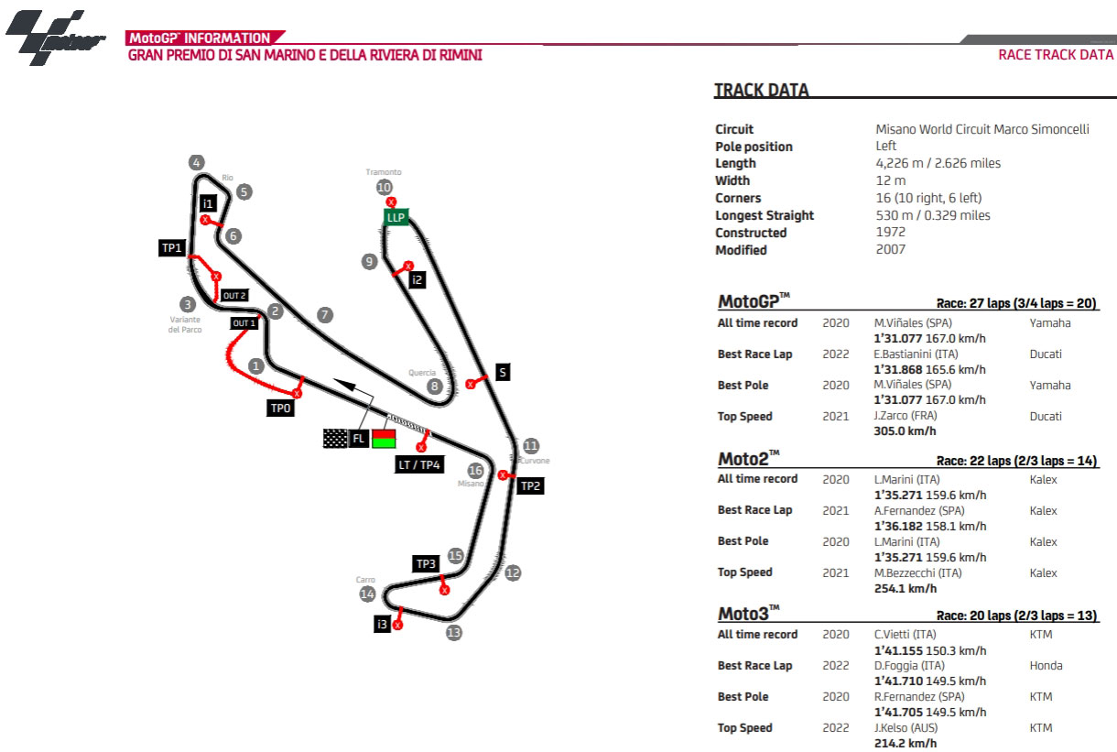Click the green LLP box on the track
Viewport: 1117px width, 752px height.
pos(396,217)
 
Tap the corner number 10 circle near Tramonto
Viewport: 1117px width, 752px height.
pos(384,188)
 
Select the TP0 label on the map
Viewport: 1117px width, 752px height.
pos(281,409)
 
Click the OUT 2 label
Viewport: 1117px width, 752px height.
pos(234,296)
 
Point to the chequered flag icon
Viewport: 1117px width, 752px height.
pos(335,439)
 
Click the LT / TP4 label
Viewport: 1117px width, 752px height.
pos(420,465)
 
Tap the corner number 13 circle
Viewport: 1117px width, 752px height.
pos(453,632)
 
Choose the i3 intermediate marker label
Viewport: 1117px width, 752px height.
pos(383,625)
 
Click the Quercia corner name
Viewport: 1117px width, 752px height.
pos(422,373)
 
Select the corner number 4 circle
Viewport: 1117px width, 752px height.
pos(196,163)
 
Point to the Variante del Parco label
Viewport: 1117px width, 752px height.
pos(185,324)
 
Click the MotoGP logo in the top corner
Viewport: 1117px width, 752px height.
pos(55,38)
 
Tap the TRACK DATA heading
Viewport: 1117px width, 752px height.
pos(761,91)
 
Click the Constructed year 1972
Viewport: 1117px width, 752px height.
pos(890,233)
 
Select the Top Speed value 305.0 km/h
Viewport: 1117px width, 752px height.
pos(906,431)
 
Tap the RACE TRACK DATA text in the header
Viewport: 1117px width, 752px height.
pos(1056,55)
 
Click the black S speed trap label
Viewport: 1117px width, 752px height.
pos(502,372)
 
